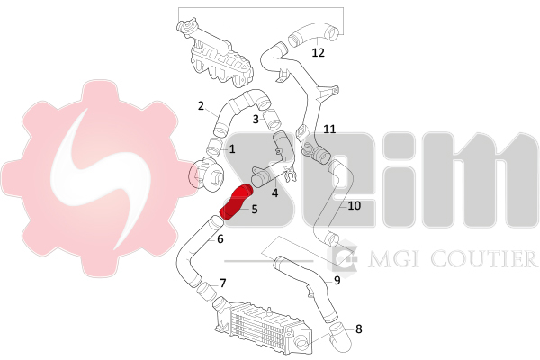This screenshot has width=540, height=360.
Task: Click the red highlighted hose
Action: [x=236, y=202]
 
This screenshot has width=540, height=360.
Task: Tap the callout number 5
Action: [x=255, y=209]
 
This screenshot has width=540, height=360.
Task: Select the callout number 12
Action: [x=319, y=53]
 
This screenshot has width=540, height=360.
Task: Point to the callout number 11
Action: [x=329, y=130]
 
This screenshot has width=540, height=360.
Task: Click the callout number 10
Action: [x=355, y=206]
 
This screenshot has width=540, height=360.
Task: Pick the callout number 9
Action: [x=337, y=281]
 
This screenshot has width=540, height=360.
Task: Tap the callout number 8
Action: [x=359, y=329]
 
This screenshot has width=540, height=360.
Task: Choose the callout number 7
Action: [x=223, y=283]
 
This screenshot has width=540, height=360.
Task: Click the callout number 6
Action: [x=220, y=238]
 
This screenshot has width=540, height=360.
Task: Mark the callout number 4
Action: [x=274, y=193]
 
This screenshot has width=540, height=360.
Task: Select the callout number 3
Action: [x=256, y=119]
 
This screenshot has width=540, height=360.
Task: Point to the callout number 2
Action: [x=201, y=106]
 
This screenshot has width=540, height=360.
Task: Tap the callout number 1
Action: [x=232, y=149]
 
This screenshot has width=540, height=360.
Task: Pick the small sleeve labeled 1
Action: [x=215, y=147]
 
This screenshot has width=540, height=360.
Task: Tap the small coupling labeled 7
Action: [x=206, y=292]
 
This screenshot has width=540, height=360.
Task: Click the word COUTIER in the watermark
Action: [x=484, y=259]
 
